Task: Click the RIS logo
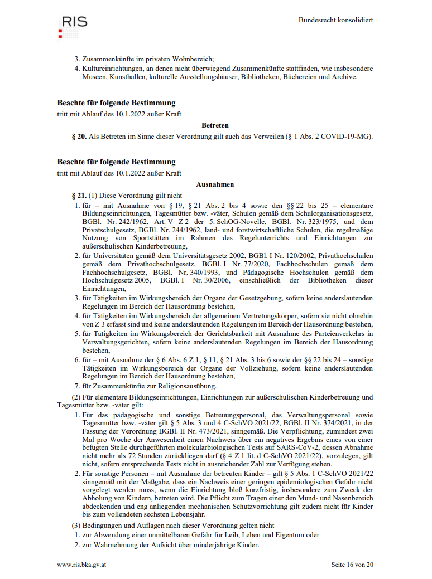click(73, 26)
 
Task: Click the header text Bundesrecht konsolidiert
click(335, 20)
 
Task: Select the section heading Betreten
click(215, 125)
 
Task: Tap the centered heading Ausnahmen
click(215, 184)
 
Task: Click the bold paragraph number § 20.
click(79, 137)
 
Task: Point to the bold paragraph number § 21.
click(79, 196)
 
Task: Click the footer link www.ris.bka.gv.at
click(81, 565)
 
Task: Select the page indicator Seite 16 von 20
click(352, 565)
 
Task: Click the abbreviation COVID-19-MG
click(348, 137)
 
